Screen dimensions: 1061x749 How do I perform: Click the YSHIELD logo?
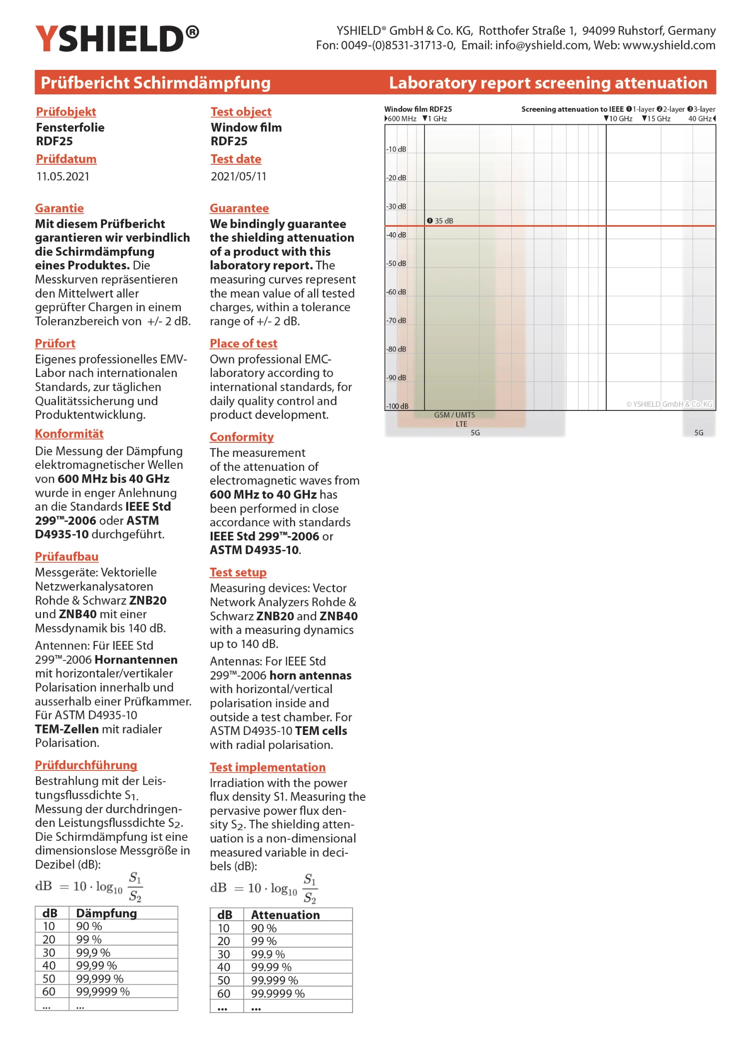(117, 39)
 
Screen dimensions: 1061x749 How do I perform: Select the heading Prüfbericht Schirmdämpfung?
(155, 82)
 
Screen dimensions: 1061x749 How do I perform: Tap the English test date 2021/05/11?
(238, 176)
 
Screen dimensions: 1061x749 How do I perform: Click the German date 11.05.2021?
(62, 176)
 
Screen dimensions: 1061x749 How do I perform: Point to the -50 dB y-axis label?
(396, 264)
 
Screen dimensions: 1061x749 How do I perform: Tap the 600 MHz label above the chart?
(401, 119)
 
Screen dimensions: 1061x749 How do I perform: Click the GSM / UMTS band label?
(454, 415)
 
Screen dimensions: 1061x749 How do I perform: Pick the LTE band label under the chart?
(461, 424)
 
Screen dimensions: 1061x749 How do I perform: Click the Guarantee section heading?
(239, 208)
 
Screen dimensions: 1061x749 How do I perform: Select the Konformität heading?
(69, 434)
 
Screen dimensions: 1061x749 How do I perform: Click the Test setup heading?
(238, 572)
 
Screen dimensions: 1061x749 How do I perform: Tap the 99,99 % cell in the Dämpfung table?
(96, 966)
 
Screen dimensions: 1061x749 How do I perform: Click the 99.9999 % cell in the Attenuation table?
(278, 994)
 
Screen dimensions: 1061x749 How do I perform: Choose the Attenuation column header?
(285, 915)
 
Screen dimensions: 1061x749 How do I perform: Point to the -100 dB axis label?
(397, 406)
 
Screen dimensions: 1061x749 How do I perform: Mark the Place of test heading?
(243, 344)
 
